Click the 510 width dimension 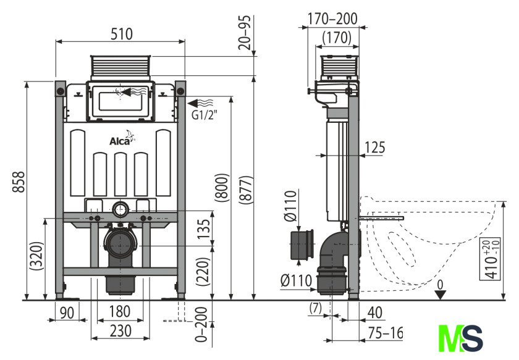tap(120, 35)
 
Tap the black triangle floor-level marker tap(439, 294)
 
